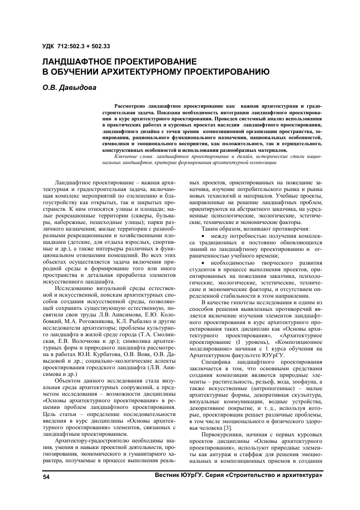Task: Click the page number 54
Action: (46, 478)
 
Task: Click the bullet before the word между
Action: (203, 236)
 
